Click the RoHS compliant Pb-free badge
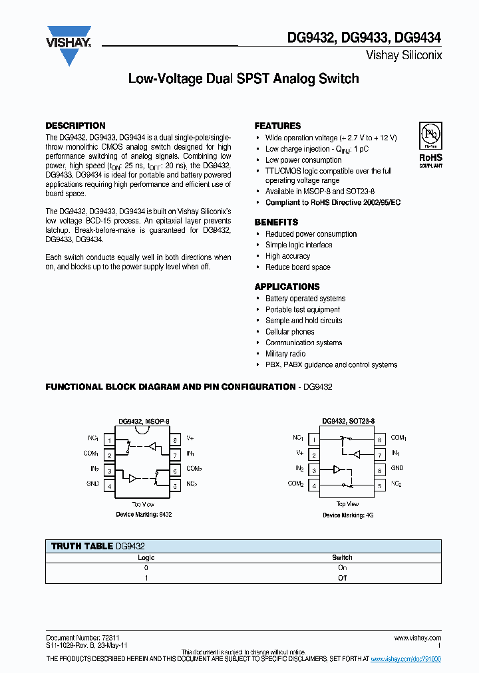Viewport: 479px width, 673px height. point(430,145)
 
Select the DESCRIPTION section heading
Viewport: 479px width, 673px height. point(75,126)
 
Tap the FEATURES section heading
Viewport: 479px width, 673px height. point(277,126)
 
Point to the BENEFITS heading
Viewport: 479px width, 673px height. point(276,222)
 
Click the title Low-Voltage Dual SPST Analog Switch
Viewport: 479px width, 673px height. point(243,79)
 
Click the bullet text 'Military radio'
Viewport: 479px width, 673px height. point(285,354)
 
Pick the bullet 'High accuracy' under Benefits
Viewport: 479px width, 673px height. point(287,256)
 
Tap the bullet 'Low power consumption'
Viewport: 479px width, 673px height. point(303,160)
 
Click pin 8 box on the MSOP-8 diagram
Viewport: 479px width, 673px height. point(175,440)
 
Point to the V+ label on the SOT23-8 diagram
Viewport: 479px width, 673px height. point(299,453)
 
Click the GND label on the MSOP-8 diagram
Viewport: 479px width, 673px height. point(92,484)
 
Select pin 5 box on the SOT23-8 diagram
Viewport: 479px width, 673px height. point(379,486)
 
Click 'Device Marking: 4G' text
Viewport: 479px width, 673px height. point(348,515)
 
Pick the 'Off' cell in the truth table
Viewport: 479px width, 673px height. point(342,578)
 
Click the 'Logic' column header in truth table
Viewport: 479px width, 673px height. point(146,557)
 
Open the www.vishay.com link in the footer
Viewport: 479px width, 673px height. point(418,638)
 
